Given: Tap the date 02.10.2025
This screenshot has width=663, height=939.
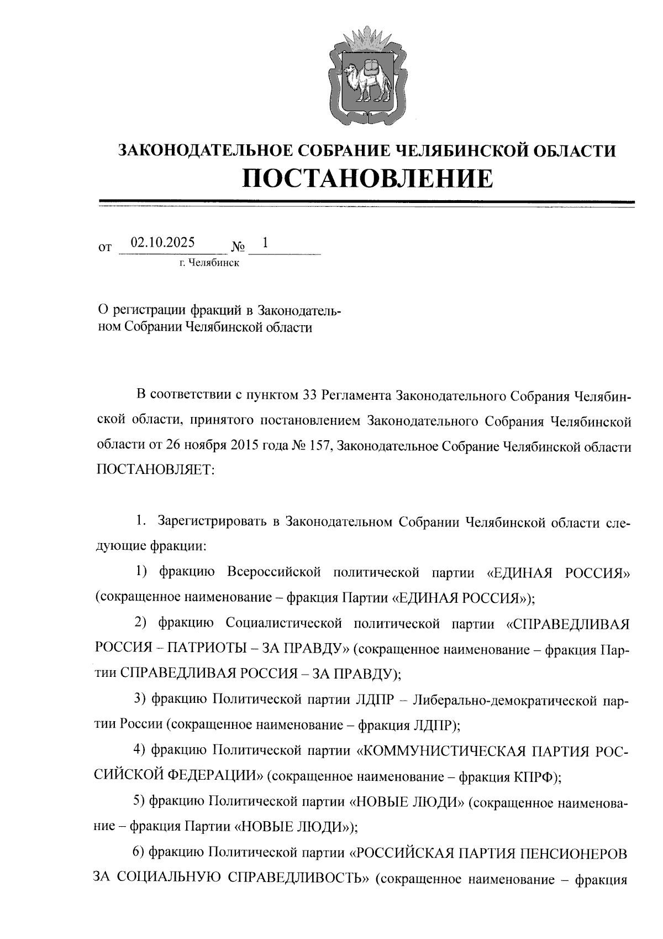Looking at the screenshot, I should pos(162,242).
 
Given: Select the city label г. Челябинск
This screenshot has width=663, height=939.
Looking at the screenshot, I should pos(208,263).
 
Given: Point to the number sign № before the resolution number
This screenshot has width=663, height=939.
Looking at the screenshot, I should pos(239,245).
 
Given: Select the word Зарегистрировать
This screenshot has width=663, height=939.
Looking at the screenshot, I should pos(213,521).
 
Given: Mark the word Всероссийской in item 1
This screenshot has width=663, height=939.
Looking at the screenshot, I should pos(274,572).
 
